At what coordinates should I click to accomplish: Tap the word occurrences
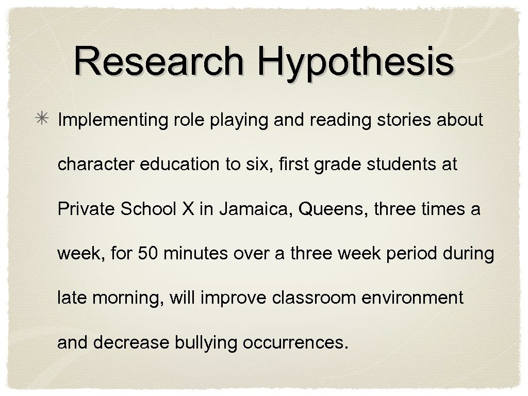tap(294, 343)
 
